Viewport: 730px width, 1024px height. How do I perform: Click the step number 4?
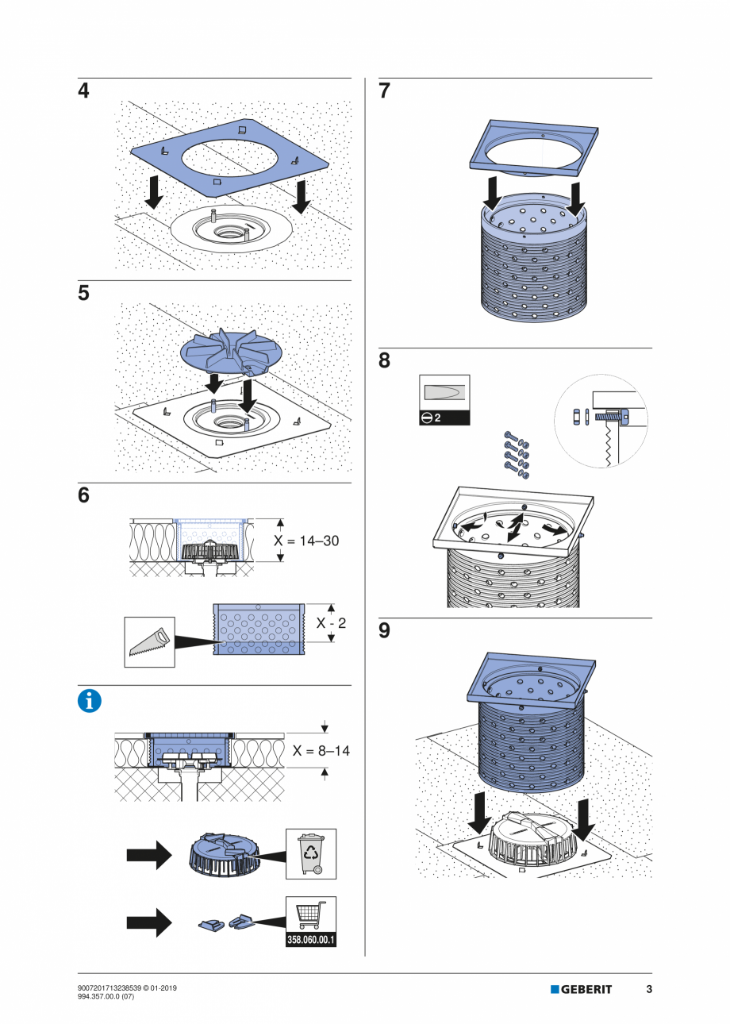(83, 91)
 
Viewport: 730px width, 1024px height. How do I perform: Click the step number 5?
(83, 294)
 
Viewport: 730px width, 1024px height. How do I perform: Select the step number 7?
(385, 91)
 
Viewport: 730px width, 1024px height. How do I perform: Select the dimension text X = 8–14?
(321, 750)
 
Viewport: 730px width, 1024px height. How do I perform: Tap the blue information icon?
(90, 701)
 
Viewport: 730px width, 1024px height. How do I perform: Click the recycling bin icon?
(310, 853)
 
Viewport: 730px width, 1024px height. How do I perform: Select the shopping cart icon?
(310, 915)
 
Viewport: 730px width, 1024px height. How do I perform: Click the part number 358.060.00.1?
(310, 941)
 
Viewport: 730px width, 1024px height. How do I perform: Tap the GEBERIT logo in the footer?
(582, 989)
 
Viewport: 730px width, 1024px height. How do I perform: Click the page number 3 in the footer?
(649, 989)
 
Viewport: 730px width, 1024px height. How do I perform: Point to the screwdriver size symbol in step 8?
(444, 400)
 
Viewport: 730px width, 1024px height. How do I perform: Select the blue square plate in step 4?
(230, 159)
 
